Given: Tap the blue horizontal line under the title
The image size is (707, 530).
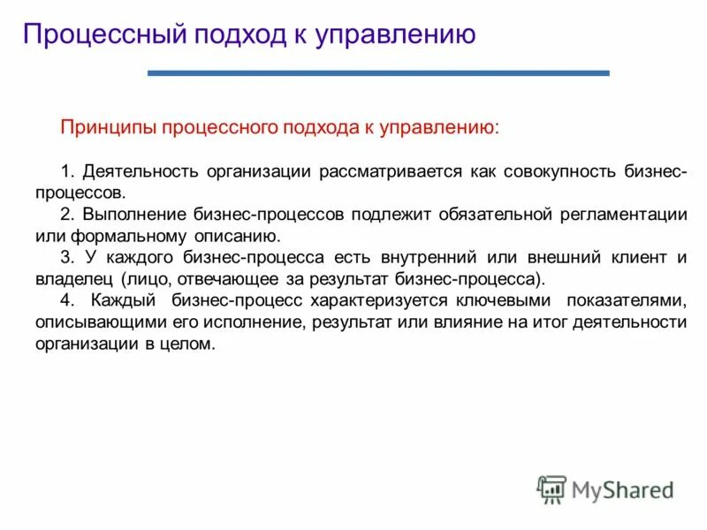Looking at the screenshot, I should [x=378, y=73].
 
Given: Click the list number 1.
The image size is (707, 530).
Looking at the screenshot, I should [x=65, y=170].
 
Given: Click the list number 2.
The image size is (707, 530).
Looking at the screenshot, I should [x=65, y=215].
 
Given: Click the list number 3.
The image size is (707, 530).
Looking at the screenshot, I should [x=65, y=258].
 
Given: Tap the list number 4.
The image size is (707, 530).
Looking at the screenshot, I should [x=65, y=300].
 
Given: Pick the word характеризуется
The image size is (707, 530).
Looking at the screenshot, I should [x=369, y=300].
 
